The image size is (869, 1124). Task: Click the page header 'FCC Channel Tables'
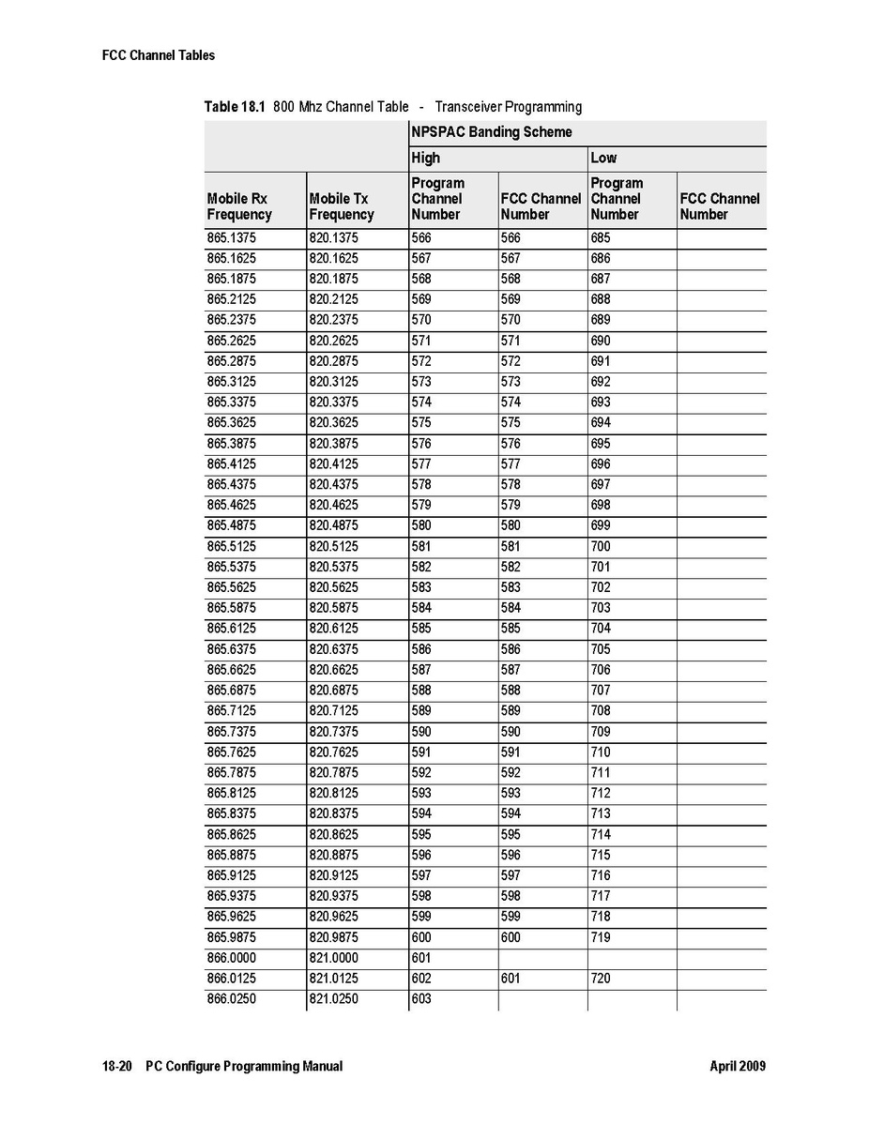coord(158,55)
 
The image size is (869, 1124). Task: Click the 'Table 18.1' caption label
coord(235,107)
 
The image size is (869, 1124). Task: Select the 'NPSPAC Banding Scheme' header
coord(491,132)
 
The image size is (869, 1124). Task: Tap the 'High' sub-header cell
coord(425,158)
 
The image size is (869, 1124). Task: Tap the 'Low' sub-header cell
coord(603,158)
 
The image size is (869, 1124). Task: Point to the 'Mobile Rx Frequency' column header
coord(238,206)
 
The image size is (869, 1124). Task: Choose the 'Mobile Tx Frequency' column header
coord(341,206)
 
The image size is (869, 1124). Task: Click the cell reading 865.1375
coord(231,238)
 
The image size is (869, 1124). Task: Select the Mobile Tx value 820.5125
coord(333,546)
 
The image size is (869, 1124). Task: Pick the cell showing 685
coord(601,238)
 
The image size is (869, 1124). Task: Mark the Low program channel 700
coord(601,546)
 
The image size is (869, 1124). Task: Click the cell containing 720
coord(601,979)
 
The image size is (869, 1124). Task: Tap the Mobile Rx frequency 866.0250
coord(231,999)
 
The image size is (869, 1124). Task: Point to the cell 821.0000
coord(333,958)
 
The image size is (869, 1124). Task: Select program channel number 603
coord(421,999)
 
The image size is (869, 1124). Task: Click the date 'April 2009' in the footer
coord(738,1067)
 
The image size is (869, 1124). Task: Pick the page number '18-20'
coord(117,1067)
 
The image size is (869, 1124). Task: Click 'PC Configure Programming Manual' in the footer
coord(244,1067)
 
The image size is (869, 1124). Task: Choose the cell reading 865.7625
coord(231,752)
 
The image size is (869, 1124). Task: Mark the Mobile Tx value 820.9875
coord(333,937)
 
